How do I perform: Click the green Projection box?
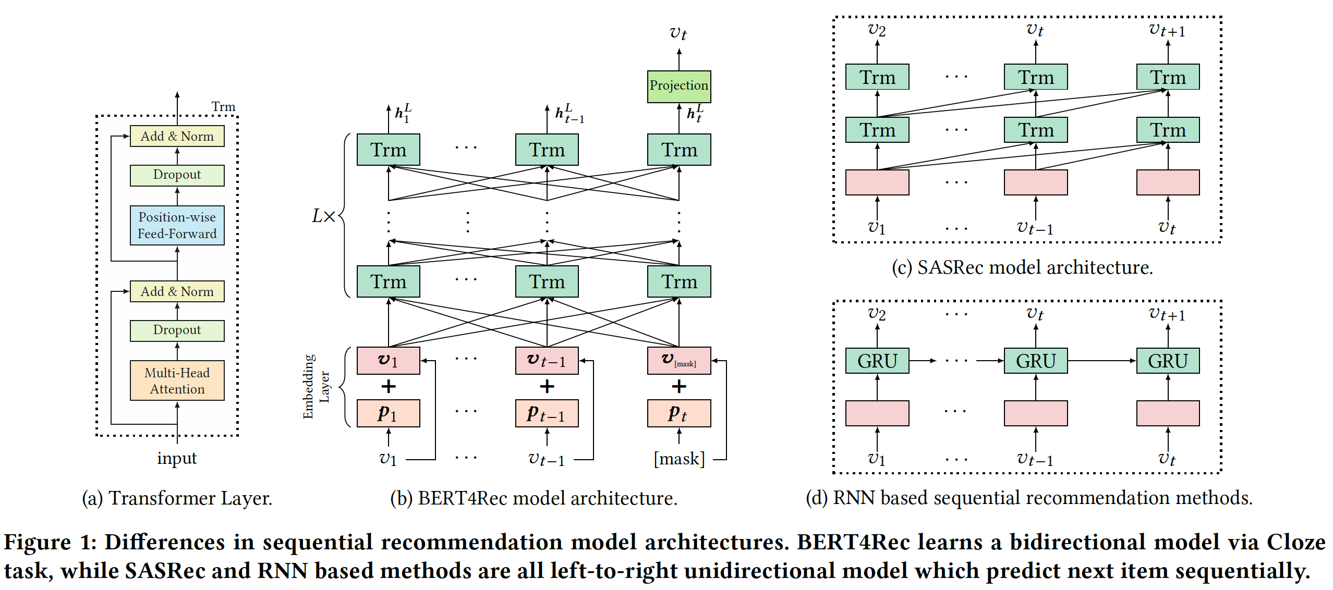point(678,86)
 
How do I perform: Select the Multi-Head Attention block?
point(177,380)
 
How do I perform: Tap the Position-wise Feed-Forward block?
point(177,225)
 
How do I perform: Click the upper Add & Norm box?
point(177,136)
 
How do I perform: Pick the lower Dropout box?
point(177,330)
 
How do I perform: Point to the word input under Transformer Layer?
point(177,458)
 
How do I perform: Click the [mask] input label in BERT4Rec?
point(679,459)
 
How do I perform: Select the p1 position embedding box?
point(388,413)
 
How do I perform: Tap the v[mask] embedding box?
point(678,361)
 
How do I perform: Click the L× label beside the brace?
point(323,216)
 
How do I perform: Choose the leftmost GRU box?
point(877,361)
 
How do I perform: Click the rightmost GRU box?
point(1168,361)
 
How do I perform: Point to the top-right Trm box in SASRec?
point(1168,77)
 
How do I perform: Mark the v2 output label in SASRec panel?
point(877,30)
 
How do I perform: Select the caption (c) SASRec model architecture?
point(1022,267)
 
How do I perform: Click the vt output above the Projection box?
point(678,33)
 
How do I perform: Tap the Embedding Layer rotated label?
point(316,387)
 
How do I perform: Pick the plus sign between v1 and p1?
point(388,386)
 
